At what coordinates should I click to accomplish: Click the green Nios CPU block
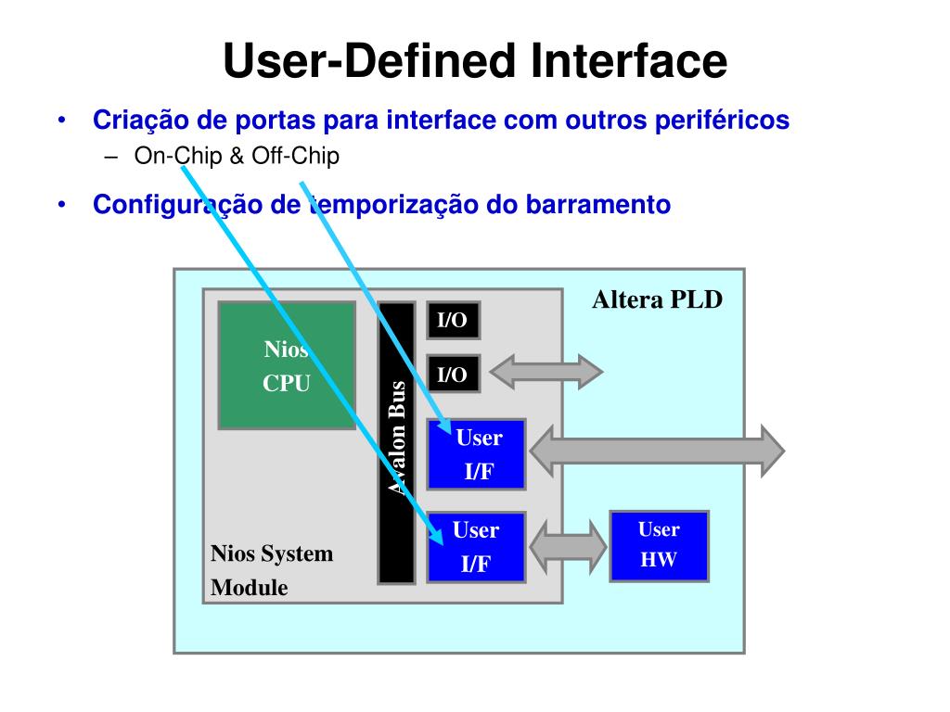pos(287,365)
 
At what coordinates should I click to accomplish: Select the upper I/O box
pos(453,322)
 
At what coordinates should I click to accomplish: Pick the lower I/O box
pos(453,375)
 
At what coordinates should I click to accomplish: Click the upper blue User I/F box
pos(476,454)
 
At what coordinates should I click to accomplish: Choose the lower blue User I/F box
pos(476,546)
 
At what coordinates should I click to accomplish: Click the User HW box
pos(659,545)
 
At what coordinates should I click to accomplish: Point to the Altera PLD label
pos(657,300)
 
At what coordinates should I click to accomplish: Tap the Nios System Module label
pos(271,570)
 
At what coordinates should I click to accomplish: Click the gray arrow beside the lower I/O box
pos(546,372)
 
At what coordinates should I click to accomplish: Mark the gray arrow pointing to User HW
pos(567,545)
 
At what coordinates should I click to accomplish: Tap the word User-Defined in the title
pos(371,61)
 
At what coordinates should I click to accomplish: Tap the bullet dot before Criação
pos(62,121)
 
